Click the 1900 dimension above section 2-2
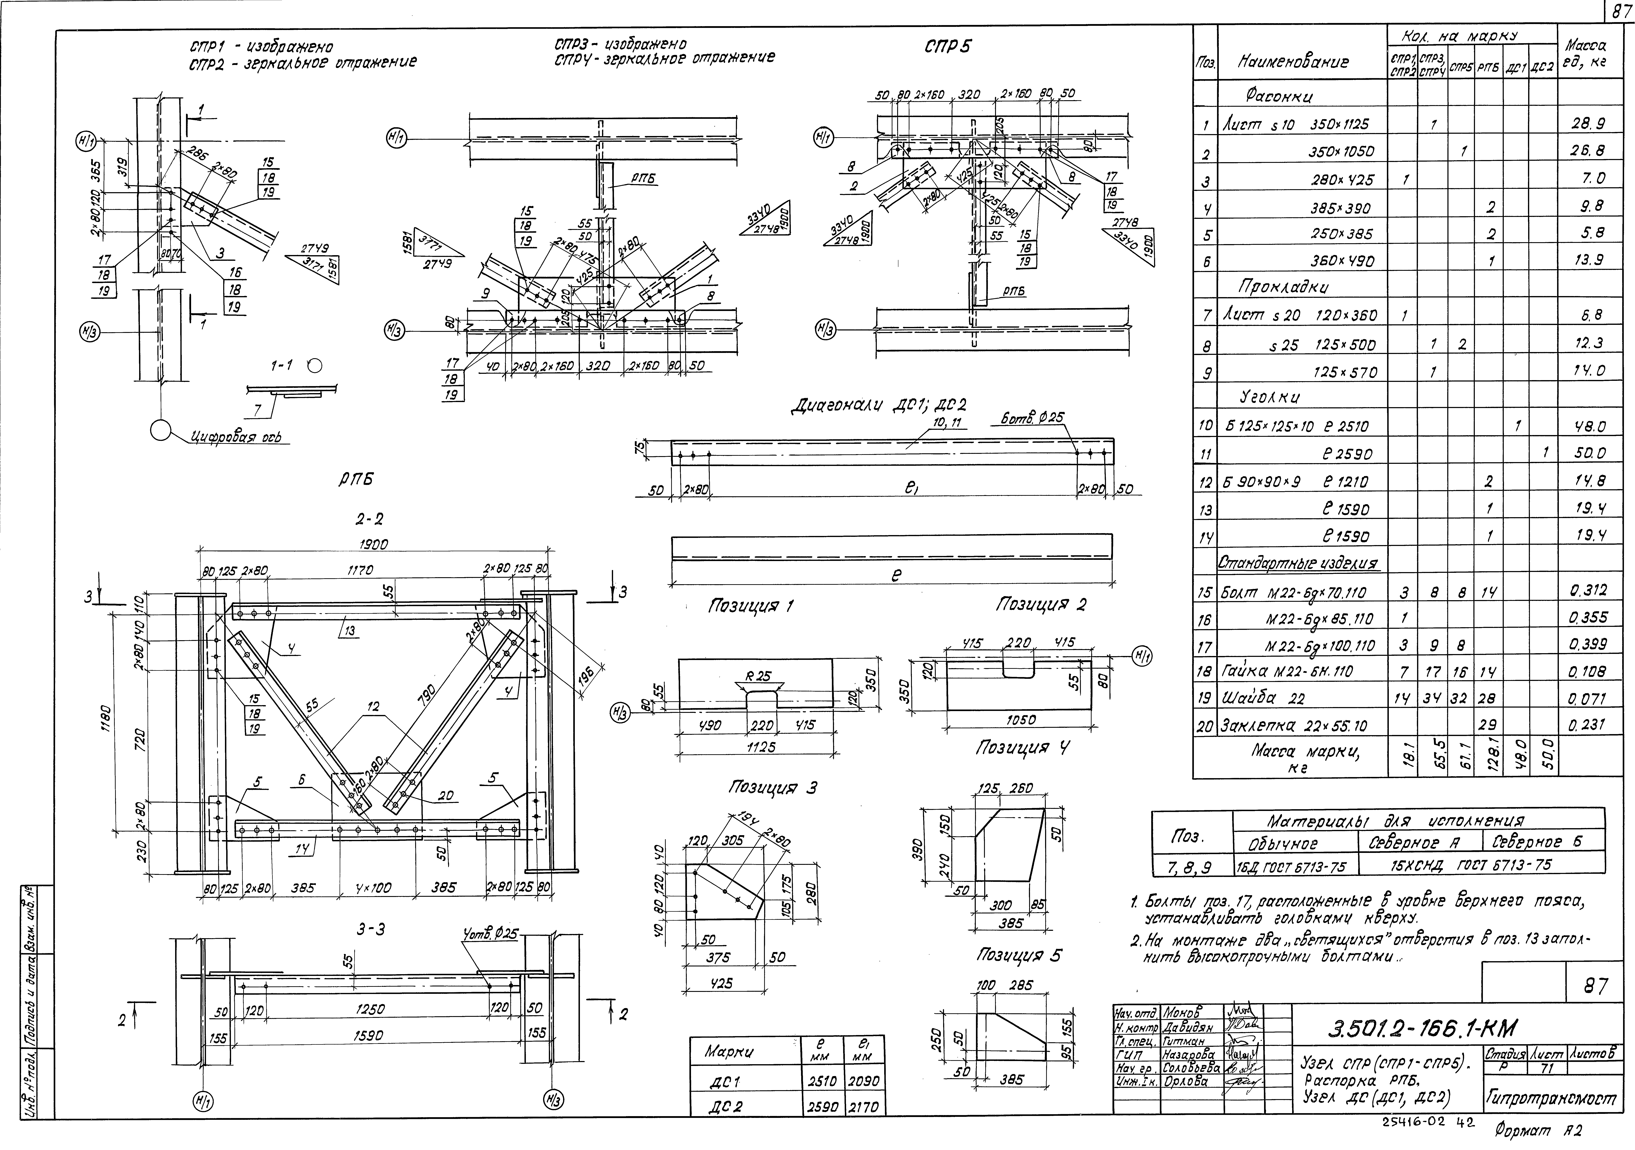pyautogui.click(x=374, y=545)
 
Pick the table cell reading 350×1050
pyautogui.click(x=1342, y=152)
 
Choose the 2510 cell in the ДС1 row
pyautogui.click(x=822, y=1081)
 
